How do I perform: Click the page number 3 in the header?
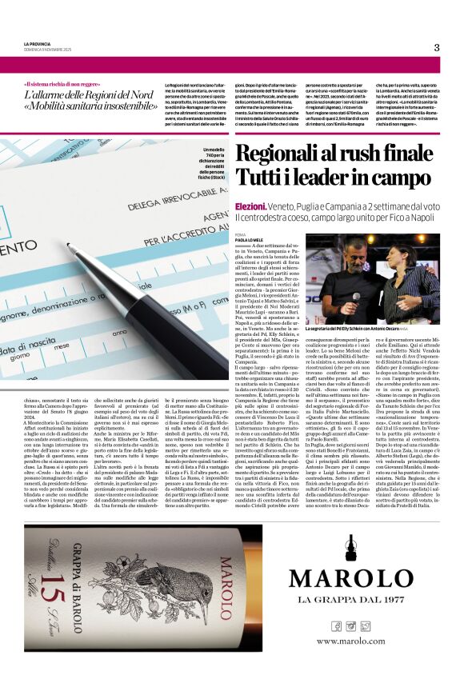[x=437, y=47]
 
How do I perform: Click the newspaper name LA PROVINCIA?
[x=37, y=44]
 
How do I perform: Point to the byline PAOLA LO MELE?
[x=253, y=238]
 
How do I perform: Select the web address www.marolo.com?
[x=350, y=641]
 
